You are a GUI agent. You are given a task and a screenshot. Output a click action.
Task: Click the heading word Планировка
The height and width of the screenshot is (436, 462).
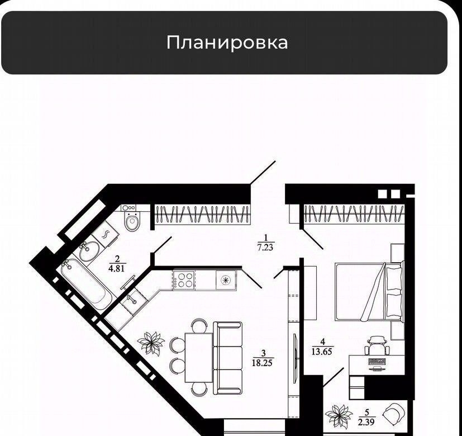click(227, 42)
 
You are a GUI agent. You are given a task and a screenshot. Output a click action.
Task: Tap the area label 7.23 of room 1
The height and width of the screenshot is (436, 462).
click(265, 247)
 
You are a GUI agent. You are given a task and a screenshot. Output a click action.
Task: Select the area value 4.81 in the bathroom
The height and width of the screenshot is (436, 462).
click(117, 268)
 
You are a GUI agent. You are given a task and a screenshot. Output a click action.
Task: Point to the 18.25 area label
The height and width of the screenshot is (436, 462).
click(262, 363)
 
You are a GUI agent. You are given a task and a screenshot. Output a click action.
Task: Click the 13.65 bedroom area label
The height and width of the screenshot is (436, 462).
click(322, 352)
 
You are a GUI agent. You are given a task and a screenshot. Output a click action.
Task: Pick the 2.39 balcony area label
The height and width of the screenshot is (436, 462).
click(366, 422)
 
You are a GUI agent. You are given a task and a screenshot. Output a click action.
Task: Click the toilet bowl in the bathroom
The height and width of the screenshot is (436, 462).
click(132, 222)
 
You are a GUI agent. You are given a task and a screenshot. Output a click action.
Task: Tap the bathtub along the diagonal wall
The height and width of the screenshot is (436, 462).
click(86, 285)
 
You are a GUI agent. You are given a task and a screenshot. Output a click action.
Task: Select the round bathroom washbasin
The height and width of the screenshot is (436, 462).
click(89, 251)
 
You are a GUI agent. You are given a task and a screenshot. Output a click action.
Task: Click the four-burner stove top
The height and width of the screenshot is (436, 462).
click(184, 279)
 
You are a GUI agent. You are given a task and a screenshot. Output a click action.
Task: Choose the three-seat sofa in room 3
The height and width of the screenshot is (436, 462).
click(227, 358)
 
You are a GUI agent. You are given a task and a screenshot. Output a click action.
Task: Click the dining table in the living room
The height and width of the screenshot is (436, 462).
click(199, 357)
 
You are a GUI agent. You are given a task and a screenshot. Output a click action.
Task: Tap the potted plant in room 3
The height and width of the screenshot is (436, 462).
click(151, 343)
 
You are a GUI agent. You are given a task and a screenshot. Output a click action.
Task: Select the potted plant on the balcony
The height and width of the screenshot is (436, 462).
click(338, 416)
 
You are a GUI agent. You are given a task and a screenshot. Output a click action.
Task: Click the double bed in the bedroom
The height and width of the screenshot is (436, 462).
click(369, 291)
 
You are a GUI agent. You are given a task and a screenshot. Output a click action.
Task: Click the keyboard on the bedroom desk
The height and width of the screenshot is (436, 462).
click(377, 362)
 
